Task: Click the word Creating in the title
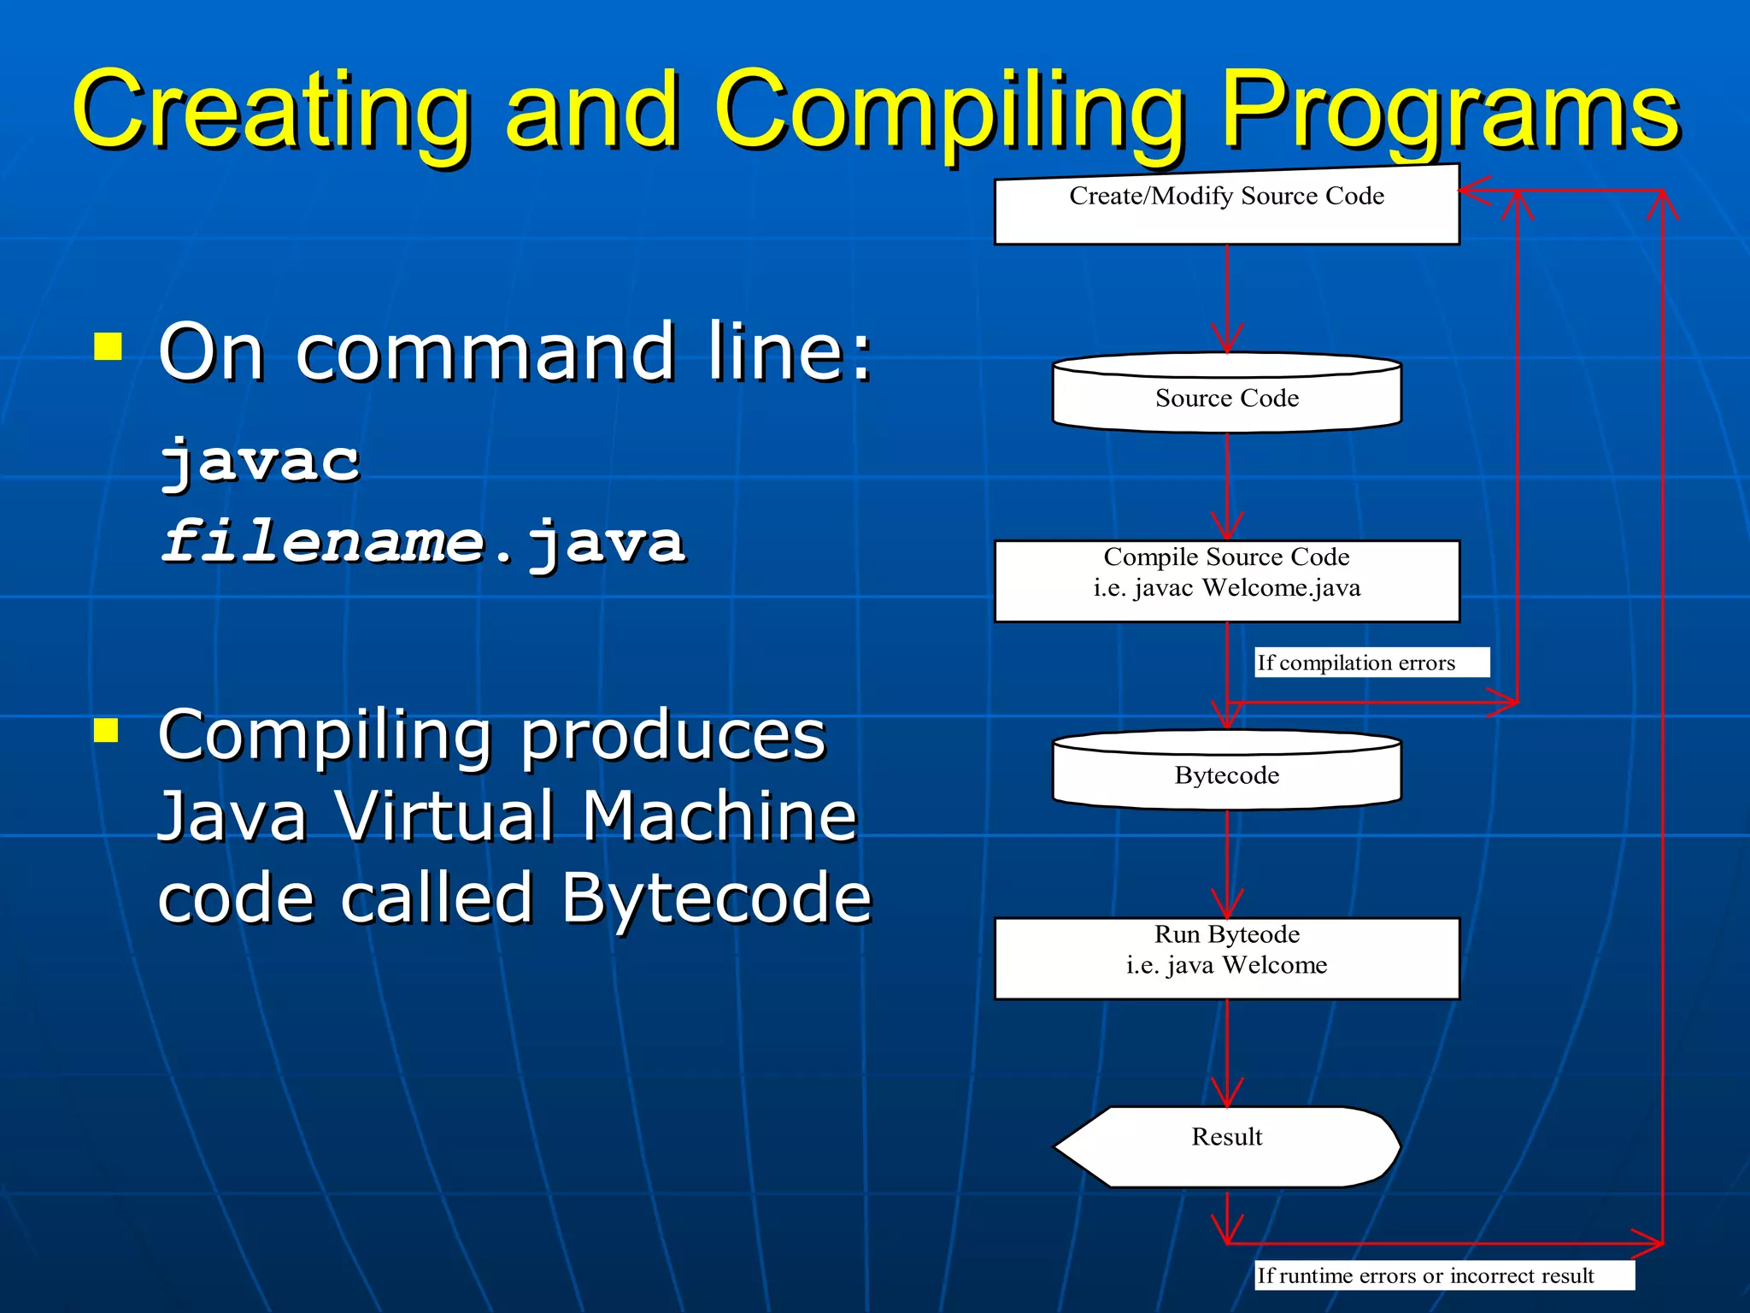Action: pyautogui.click(x=272, y=111)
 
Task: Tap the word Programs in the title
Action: pyautogui.click(x=1450, y=111)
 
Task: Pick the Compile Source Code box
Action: pyautogui.click(x=1226, y=580)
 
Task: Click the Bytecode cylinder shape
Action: pyautogui.click(x=1226, y=773)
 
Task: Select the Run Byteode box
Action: pyautogui.click(x=1226, y=957)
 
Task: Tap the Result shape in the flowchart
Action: pyautogui.click(x=1226, y=1145)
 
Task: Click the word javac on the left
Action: pyautogui.click(x=261, y=462)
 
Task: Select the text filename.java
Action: pyautogui.click(x=424, y=543)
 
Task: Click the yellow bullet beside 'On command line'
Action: pyautogui.click(x=108, y=347)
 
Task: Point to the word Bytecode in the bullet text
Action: pyautogui.click(x=716, y=898)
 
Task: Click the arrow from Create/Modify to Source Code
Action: pyautogui.click(x=1227, y=299)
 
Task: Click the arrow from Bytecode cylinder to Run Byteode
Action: pyautogui.click(x=1227, y=863)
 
